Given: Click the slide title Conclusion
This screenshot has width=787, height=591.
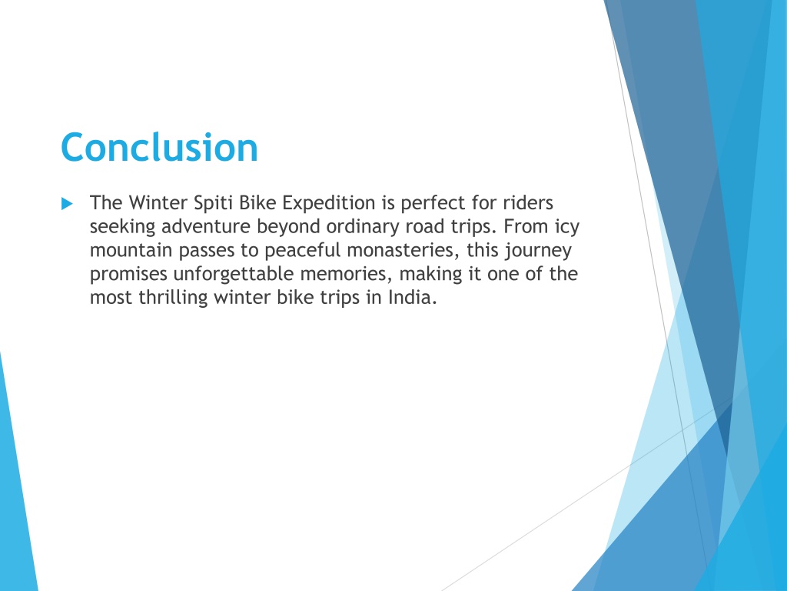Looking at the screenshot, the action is (159, 147).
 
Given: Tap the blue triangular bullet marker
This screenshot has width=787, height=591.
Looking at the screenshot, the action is (68, 203).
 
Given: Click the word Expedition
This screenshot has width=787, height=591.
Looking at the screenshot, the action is (328, 203).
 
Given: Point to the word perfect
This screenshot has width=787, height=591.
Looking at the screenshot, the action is (433, 203).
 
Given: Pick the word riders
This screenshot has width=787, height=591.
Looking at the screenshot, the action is (528, 202).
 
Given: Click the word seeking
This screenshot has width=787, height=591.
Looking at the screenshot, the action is (122, 227).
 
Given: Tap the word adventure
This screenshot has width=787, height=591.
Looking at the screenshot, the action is (206, 226).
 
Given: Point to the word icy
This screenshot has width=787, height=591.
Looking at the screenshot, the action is (567, 227).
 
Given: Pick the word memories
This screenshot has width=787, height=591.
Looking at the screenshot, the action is (347, 273).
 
